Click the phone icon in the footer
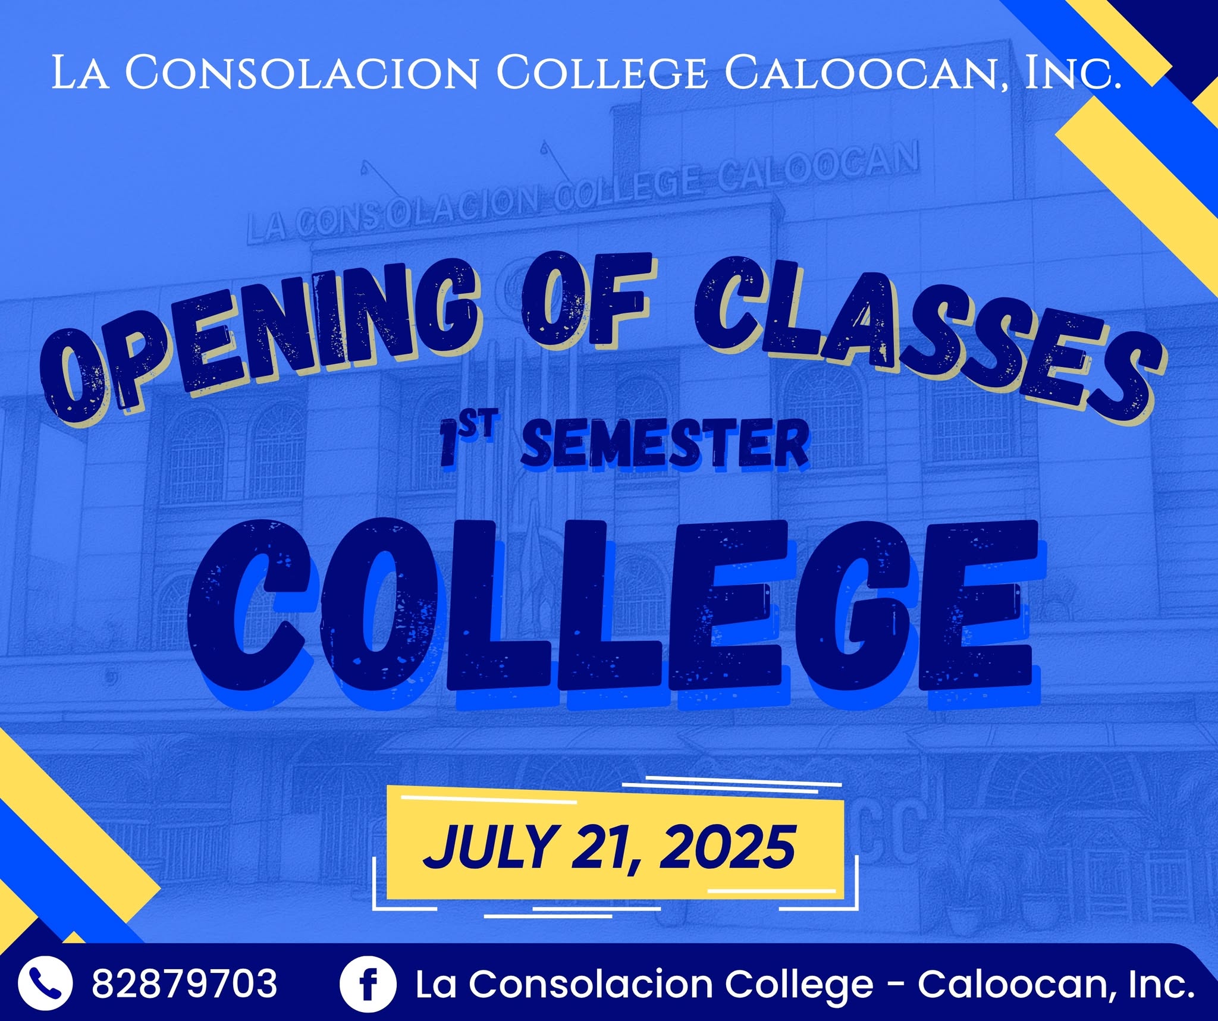click(46, 984)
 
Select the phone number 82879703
click(184, 984)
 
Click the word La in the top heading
click(80, 73)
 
